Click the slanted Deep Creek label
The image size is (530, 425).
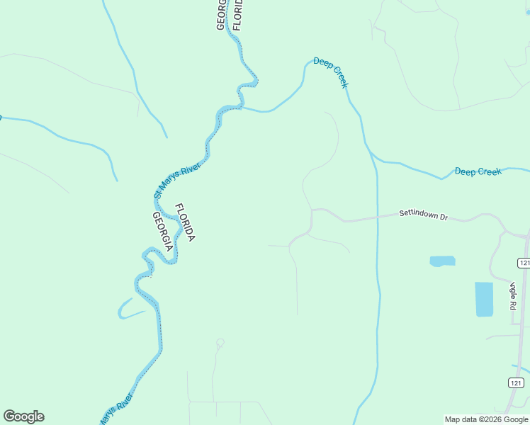coord(331,73)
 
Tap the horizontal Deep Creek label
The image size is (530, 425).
coord(478,171)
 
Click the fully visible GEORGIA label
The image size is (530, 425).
coord(162,232)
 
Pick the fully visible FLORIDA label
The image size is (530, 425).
coord(184,222)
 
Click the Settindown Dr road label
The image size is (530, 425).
coord(423,213)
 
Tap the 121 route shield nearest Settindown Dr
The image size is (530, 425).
coord(524,263)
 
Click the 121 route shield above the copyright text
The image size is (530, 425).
coord(517,382)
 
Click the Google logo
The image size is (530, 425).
coord(23,416)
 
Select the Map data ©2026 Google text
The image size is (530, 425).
coord(486,419)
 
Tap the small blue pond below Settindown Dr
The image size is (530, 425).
coord(442,261)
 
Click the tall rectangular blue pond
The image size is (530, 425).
coord(483,299)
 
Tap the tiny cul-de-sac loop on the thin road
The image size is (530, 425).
coord(220,343)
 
